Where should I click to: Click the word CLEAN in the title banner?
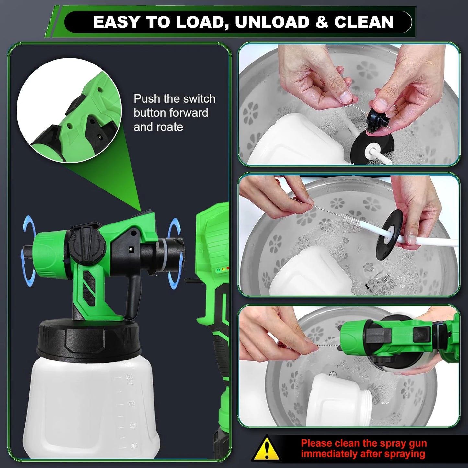pyautogui.click(x=364, y=22)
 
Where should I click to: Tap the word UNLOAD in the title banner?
pyautogui.click(x=272, y=22)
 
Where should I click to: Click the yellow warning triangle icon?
pyautogui.click(x=266, y=449)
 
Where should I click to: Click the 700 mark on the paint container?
pyautogui.click(x=131, y=404)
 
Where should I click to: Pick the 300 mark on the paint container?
pyautogui.click(x=133, y=446)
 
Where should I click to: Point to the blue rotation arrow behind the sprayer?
pyautogui.click(x=175, y=253)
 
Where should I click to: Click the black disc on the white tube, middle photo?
pyautogui.click(x=389, y=234)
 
